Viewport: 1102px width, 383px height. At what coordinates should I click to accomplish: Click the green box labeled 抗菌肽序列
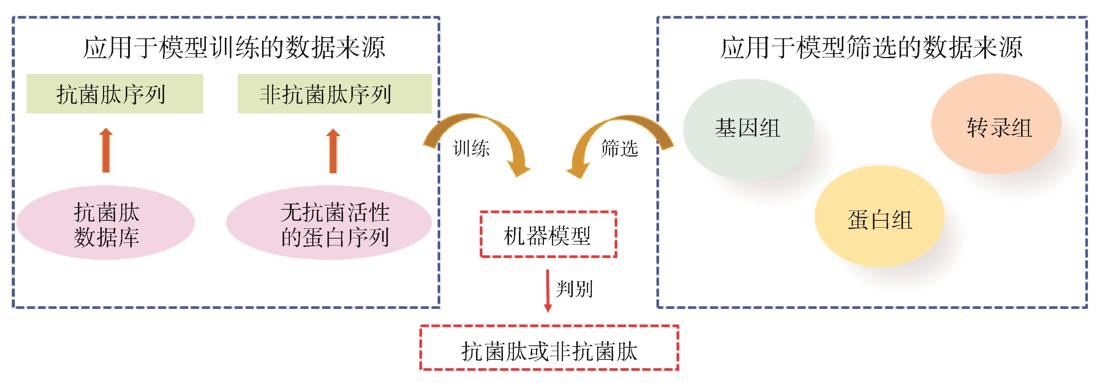click(x=115, y=94)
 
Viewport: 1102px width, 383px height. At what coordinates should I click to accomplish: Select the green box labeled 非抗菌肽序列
click(x=334, y=94)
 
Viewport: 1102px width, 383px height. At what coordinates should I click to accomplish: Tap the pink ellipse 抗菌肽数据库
click(x=106, y=223)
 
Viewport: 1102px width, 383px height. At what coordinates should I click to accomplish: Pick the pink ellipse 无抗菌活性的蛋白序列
click(x=329, y=223)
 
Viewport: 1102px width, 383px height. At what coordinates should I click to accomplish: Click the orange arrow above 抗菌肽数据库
click(x=106, y=150)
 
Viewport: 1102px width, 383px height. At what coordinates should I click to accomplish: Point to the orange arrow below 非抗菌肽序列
click(x=333, y=150)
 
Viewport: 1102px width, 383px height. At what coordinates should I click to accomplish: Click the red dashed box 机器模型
click(x=548, y=234)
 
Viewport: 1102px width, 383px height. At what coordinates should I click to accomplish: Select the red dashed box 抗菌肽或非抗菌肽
click(x=549, y=348)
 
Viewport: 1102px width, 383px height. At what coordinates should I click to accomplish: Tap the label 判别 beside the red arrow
click(x=574, y=289)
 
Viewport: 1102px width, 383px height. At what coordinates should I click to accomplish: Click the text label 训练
click(x=471, y=149)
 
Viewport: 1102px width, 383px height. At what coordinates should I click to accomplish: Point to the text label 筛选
click(x=619, y=149)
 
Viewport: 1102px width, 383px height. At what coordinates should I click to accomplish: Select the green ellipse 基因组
click(x=748, y=128)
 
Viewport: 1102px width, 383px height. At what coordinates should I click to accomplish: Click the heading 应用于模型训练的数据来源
click(x=234, y=47)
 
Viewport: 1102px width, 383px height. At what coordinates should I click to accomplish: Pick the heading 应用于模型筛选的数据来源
click(x=871, y=47)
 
